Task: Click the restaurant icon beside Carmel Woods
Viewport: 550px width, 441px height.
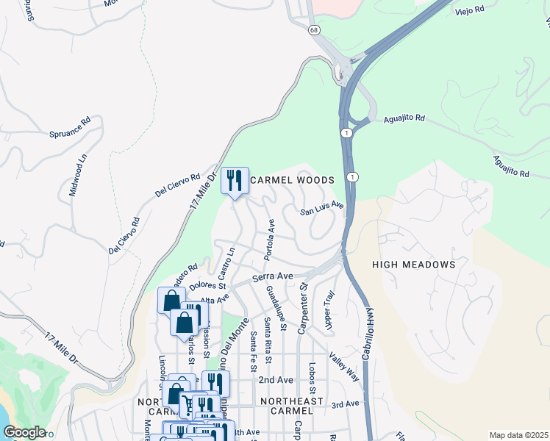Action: (x=235, y=180)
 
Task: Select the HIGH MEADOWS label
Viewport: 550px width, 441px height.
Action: (x=413, y=265)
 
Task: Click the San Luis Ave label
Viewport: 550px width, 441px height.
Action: (x=322, y=209)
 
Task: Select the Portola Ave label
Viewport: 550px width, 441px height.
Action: (x=270, y=239)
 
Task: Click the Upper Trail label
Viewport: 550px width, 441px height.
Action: (x=329, y=309)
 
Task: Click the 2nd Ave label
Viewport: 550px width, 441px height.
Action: (x=276, y=380)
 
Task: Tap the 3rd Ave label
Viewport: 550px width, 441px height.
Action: (x=345, y=404)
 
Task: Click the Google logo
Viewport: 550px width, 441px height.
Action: (x=24, y=432)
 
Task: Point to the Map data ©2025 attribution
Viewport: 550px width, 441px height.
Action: (x=518, y=435)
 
